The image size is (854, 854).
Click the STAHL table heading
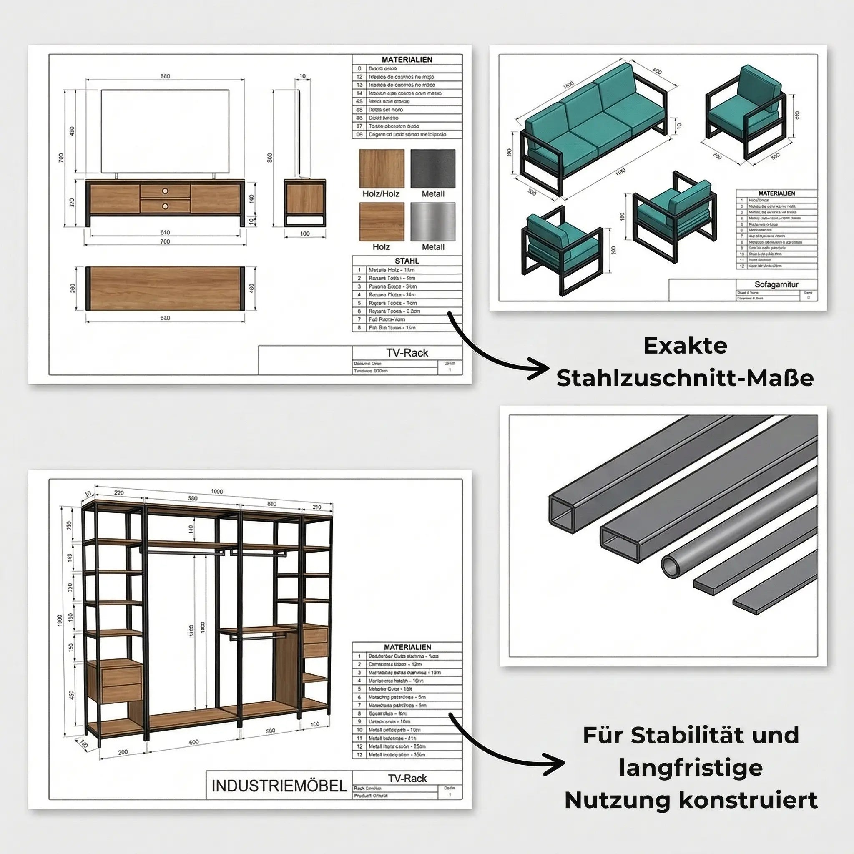tap(407, 261)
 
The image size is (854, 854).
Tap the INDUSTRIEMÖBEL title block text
tap(279, 786)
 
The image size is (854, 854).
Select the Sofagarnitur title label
tap(776, 285)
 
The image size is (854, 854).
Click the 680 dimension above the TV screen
tap(165, 76)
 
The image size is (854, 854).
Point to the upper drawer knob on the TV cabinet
tap(165, 191)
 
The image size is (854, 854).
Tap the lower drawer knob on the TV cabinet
tap(165, 206)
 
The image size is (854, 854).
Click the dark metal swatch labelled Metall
tap(433, 168)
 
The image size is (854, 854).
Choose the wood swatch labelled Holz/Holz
tap(382, 168)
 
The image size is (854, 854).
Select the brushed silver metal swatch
tap(433, 222)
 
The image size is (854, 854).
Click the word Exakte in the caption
tap(685, 346)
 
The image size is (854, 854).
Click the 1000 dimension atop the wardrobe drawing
tap(217, 492)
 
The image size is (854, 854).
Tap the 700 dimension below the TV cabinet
tap(165, 242)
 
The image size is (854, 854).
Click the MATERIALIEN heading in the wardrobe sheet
tap(407, 647)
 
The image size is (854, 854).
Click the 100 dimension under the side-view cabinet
tap(304, 234)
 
